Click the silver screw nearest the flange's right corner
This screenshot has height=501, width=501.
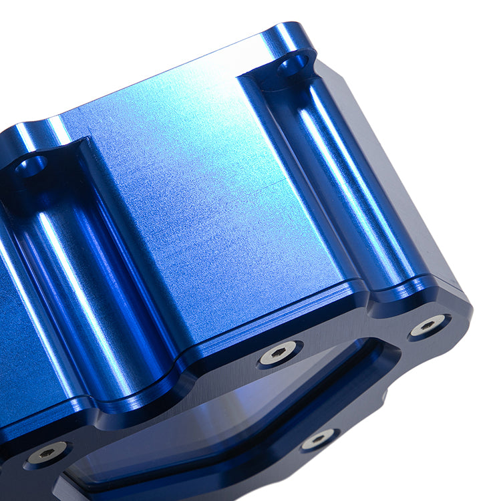(x=428, y=325)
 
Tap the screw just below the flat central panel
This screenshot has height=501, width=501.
(x=278, y=353)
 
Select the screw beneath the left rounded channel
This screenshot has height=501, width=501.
(x=47, y=453)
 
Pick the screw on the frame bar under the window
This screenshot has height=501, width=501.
(x=319, y=439)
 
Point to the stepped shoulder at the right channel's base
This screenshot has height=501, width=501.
(x=401, y=294)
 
